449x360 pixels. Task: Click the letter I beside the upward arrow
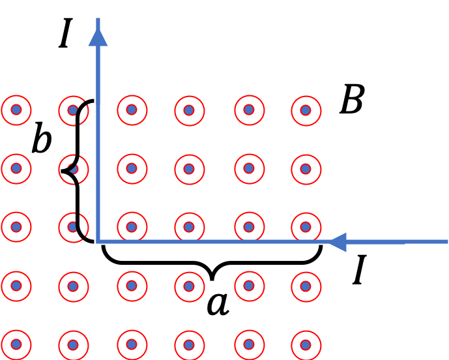(x=66, y=33)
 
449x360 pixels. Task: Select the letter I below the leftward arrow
(x=360, y=269)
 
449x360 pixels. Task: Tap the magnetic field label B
(x=352, y=99)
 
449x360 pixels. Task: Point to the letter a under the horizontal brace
(x=218, y=305)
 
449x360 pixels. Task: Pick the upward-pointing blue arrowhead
(x=98, y=38)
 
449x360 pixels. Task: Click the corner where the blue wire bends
(x=98, y=241)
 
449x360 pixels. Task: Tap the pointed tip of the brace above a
(x=212, y=280)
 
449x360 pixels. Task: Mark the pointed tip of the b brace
(x=62, y=171)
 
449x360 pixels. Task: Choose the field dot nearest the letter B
(x=306, y=110)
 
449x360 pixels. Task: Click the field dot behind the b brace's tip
(x=74, y=169)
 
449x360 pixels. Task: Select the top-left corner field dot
(x=16, y=110)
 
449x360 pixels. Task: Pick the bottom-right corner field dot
(x=306, y=345)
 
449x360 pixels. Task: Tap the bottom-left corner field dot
(x=16, y=345)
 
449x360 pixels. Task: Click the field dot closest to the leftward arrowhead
(x=306, y=227)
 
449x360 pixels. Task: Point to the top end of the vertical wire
(x=98, y=18)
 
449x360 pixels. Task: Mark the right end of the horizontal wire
(x=447, y=242)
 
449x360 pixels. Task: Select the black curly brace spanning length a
(x=212, y=262)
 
